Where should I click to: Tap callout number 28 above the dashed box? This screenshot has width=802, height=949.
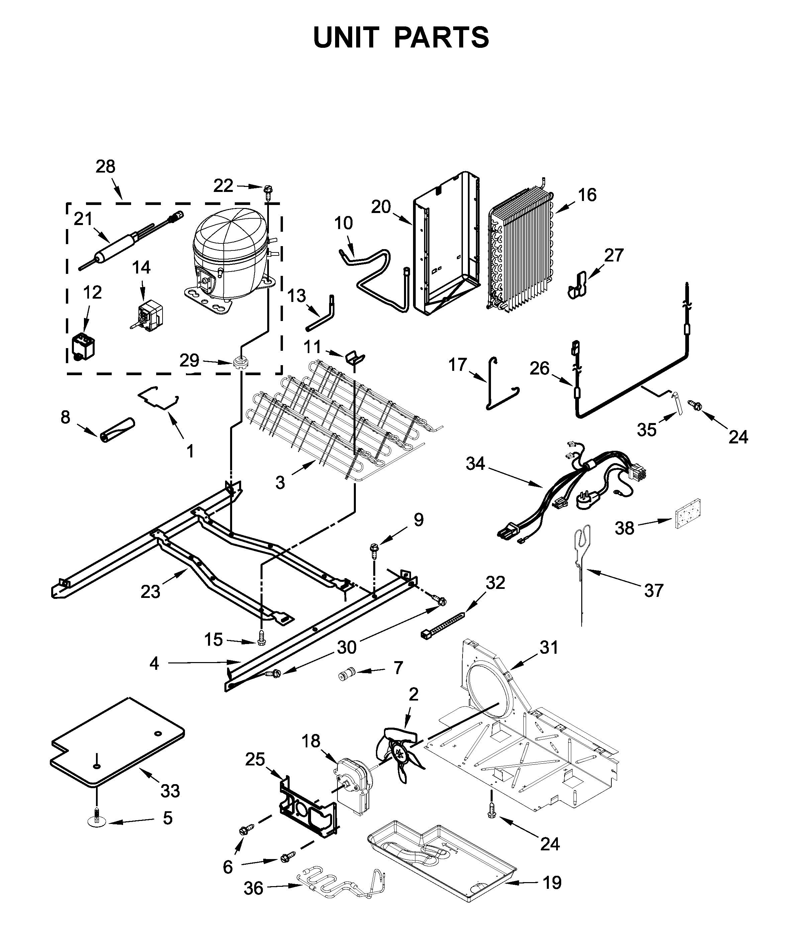105,167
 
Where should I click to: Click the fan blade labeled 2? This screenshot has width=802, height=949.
402,755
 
